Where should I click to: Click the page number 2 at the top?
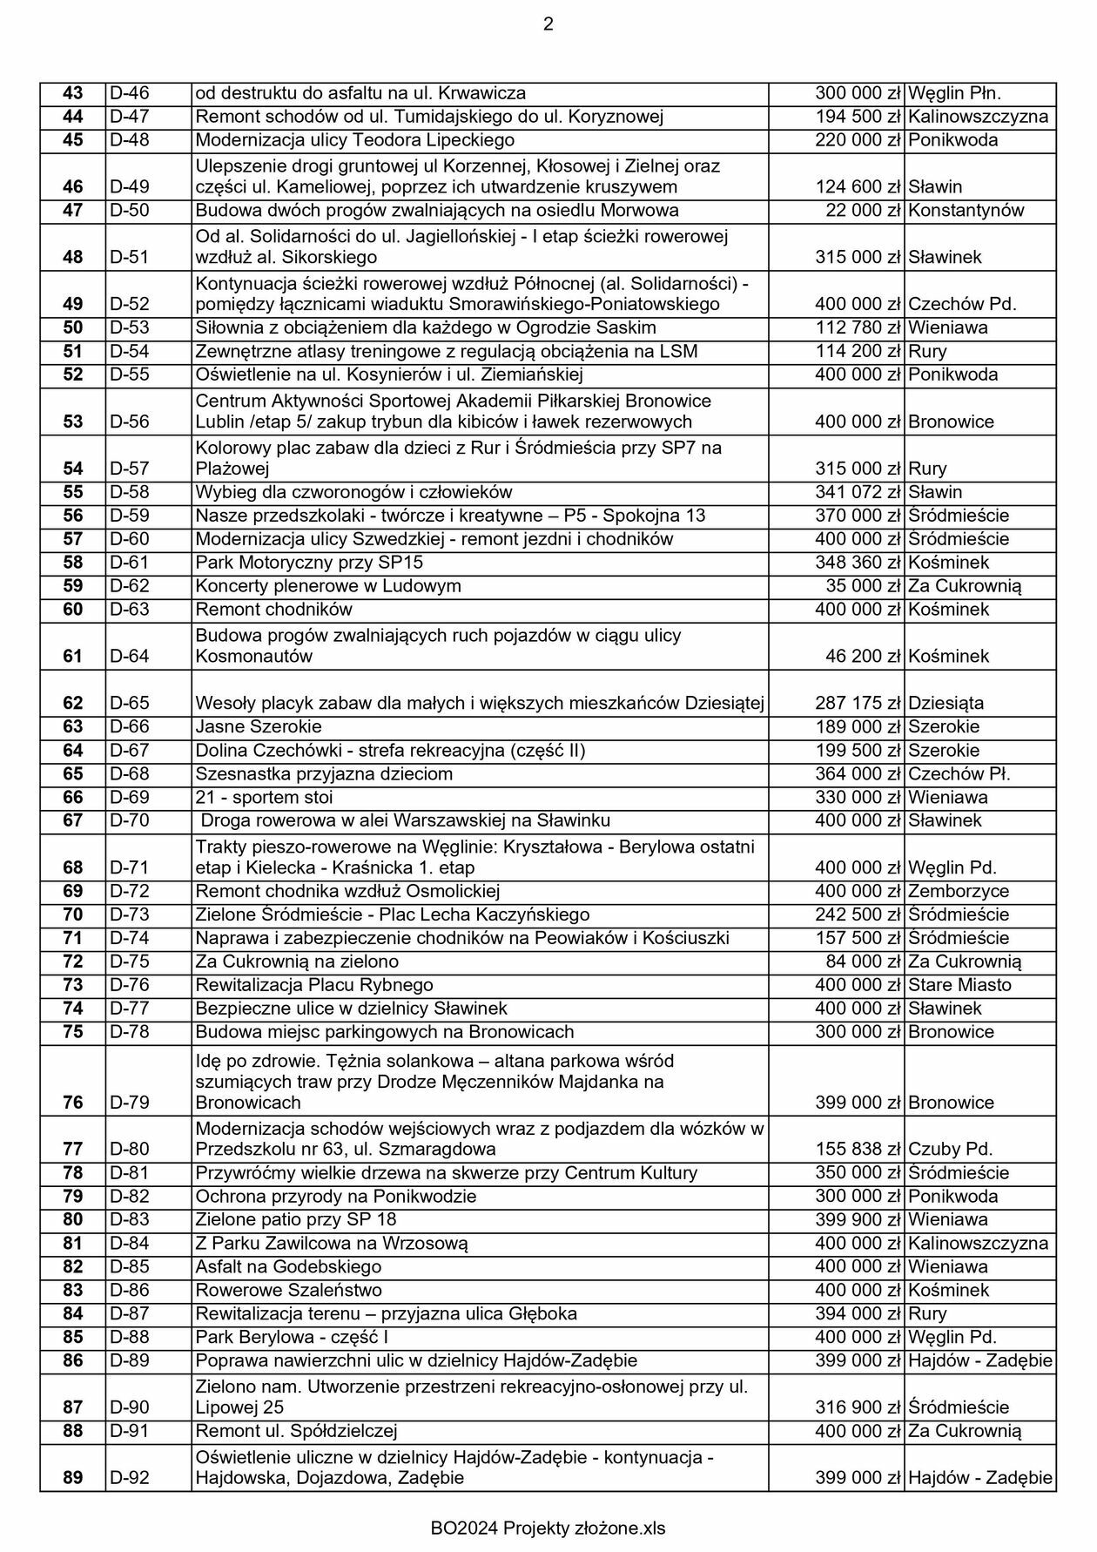(548, 24)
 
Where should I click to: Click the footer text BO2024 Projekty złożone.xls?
(548, 1528)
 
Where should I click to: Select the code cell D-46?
(130, 93)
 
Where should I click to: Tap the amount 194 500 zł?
(858, 117)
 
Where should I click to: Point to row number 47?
(73, 211)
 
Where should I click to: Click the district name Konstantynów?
(966, 211)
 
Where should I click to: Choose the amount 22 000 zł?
(863, 211)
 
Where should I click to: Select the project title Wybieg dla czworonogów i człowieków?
(353, 492)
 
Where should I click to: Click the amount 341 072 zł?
(858, 492)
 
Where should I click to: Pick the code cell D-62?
(130, 586)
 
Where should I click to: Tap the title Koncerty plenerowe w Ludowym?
(328, 586)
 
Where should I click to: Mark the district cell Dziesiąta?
(946, 703)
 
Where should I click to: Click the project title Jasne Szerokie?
(259, 726)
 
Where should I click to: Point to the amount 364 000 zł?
(858, 773)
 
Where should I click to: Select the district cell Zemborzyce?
(959, 891)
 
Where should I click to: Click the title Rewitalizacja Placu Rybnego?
(314, 985)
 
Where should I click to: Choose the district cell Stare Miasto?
(959, 985)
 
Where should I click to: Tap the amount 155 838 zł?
(858, 1149)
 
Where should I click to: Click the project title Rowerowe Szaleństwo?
(288, 1290)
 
